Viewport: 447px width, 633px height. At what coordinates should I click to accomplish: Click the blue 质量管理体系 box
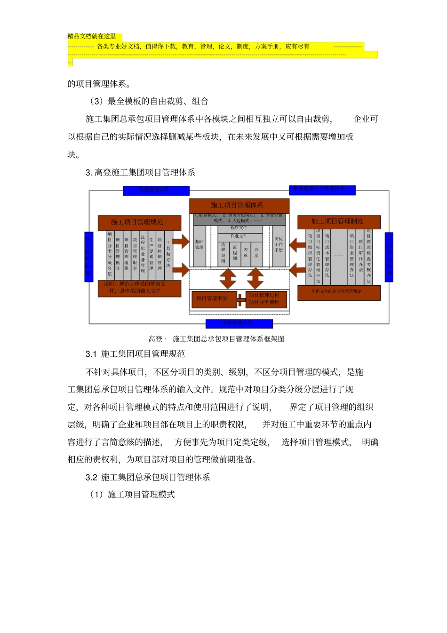[x=156, y=191]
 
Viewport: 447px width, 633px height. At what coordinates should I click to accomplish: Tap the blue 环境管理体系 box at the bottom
[x=239, y=323]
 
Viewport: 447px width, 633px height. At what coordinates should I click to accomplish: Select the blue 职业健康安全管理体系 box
[x=322, y=190]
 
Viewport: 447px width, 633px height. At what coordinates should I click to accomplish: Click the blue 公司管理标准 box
[x=88, y=256]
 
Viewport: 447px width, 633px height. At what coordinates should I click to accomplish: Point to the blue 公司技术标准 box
[x=389, y=257]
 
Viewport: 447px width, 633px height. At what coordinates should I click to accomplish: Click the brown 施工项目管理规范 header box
[x=139, y=222]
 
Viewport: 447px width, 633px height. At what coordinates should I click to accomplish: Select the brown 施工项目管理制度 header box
[x=339, y=221]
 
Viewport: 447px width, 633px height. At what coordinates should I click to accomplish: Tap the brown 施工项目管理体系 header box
[x=239, y=205]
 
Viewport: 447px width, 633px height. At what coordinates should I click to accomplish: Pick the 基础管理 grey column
[x=200, y=245]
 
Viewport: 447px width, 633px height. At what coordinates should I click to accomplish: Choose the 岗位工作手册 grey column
[x=279, y=245]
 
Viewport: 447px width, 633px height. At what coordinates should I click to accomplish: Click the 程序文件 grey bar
[x=239, y=228]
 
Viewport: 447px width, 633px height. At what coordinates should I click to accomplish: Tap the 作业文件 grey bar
[x=239, y=236]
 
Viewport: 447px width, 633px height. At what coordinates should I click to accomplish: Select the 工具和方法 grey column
[x=168, y=255]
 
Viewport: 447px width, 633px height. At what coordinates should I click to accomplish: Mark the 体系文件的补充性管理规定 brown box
[x=339, y=292]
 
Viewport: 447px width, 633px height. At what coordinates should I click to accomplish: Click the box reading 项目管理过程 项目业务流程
[x=264, y=299]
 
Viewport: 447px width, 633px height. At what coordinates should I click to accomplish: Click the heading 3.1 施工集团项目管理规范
[x=136, y=354]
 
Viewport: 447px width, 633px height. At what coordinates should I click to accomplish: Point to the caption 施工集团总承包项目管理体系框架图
[x=228, y=339]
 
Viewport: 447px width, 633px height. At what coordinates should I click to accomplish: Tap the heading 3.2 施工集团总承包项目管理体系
[x=148, y=477]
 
